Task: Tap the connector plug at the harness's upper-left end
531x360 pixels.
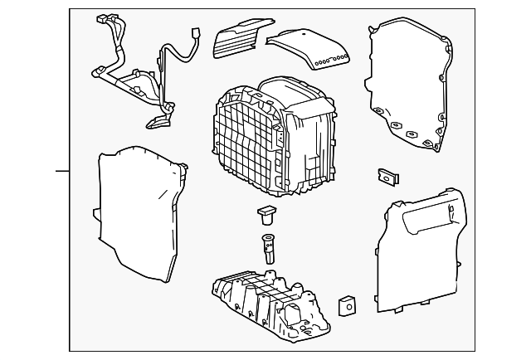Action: [x=105, y=19]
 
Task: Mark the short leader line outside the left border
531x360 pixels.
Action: [x=63, y=171]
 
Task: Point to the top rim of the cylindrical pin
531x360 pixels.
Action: [x=269, y=239]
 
